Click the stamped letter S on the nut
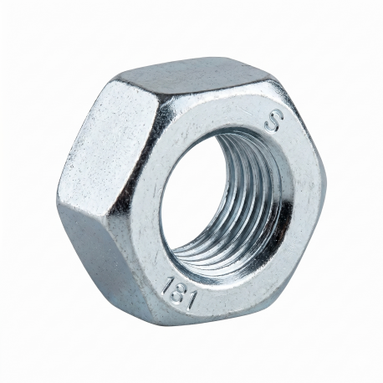(274, 122)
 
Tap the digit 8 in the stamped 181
(176, 294)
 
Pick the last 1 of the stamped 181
(192, 302)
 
